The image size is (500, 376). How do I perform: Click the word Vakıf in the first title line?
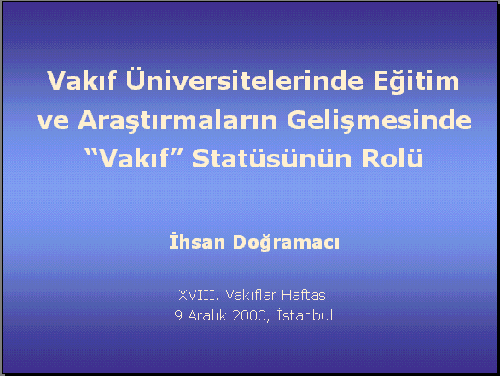tap(82, 80)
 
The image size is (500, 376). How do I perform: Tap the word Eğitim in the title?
tap(416, 81)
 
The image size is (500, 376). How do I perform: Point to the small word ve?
tap(53, 121)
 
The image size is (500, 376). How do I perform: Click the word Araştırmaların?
tap(177, 120)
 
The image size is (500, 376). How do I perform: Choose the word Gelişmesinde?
tap(379, 120)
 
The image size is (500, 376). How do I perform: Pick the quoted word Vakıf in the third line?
tap(134, 158)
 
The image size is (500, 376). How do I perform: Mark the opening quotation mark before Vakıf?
tap(91, 152)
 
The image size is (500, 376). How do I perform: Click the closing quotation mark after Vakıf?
tap(176, 152)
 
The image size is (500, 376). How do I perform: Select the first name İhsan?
tap(197, 242)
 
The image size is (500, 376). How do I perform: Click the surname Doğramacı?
tap(286, 243)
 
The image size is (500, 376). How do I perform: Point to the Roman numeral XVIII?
tap(199, 295)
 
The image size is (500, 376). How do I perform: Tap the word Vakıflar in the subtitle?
tap(250, 295)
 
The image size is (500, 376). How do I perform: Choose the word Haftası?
tap(305, 295)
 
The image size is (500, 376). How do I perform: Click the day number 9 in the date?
tap(178, 315)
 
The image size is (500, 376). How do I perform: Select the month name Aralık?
tap(207, 315)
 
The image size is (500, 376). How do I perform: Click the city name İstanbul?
tap(305, 314)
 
